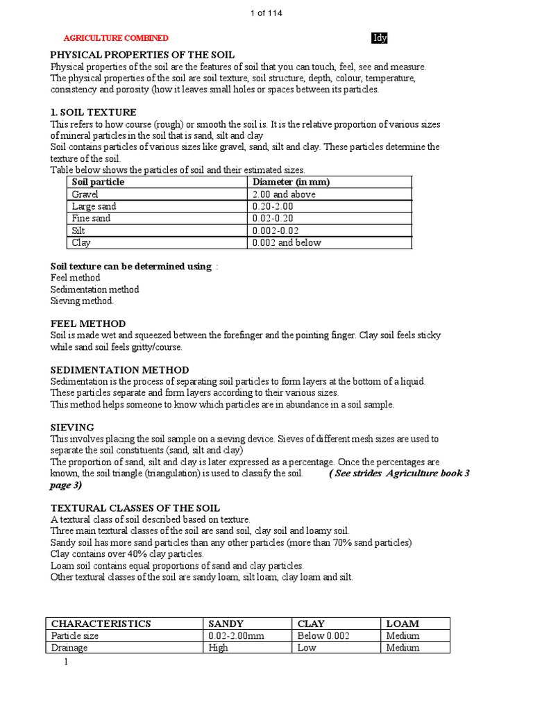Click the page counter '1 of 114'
(x=266, y=13)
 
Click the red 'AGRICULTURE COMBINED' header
(x=116, y=38)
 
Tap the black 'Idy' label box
(x=380, y=37)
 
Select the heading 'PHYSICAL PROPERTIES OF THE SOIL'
(x=142, y=54)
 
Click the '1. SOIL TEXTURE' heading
(x=93, y=112)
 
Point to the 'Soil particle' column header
(x=98, y=182)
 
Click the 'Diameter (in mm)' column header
(x=287, y=182)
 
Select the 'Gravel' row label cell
(x=87, y=194)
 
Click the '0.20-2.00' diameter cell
(x=273, y=206)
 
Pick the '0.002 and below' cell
(x=287, y=243)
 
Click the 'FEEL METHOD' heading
(x=88, y=324)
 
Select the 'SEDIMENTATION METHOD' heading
(x=119, y=370)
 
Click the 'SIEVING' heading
(x=72, y=427)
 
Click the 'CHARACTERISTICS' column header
(x=101, y=624)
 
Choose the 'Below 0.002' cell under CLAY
(x=322, y=635)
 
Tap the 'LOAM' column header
(x=403, y=624)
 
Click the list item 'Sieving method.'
(x=82, y=301)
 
